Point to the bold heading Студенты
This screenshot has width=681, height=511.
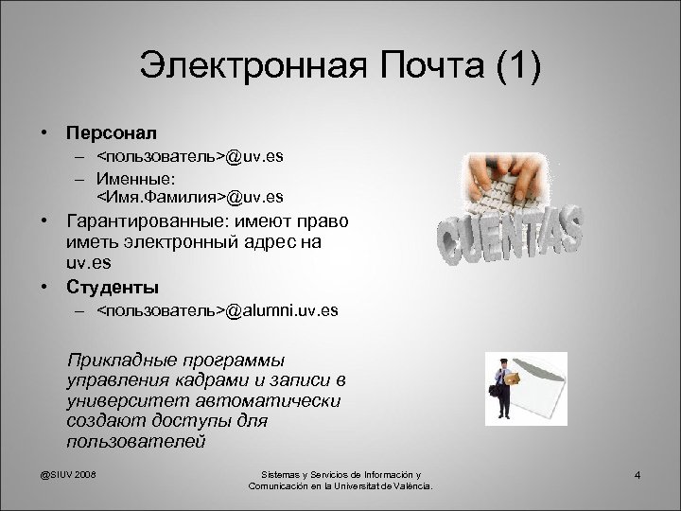[112, 286]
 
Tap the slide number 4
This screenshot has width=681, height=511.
[638, 474]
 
